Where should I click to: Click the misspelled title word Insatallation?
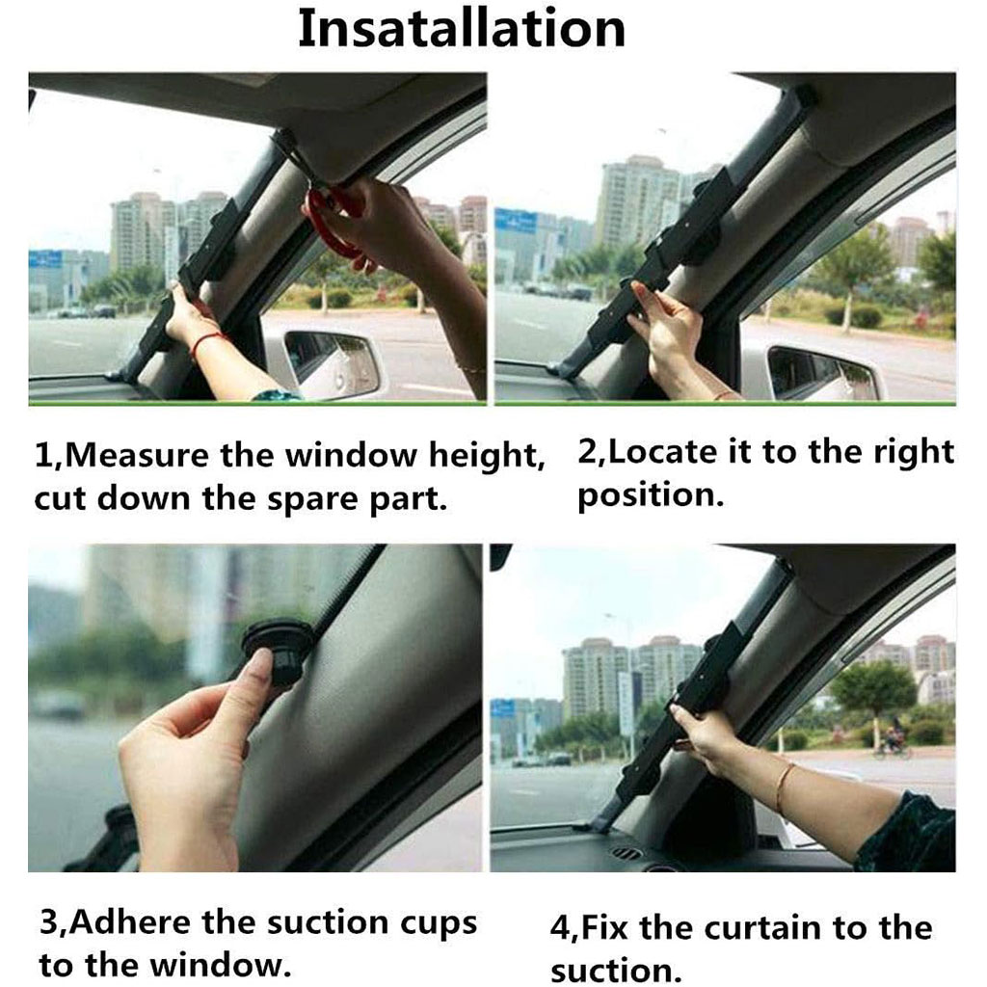click(x=462, y=29)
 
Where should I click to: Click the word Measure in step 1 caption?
click(x=136, y=455)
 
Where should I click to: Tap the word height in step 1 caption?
click(x=487, y=455)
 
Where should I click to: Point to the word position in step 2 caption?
click(x=651, y=495)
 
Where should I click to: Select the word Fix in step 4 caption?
click(x=603, y=928)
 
